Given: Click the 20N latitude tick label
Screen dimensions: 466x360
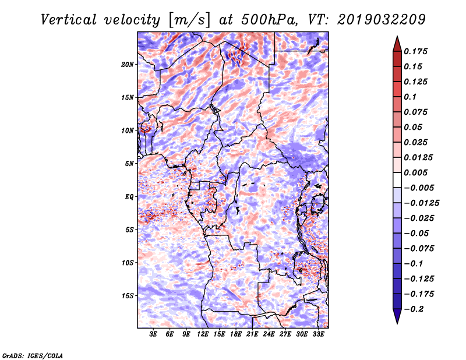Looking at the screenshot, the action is tap(127, 65).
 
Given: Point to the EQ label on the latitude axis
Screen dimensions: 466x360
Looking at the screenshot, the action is tap(129, 197).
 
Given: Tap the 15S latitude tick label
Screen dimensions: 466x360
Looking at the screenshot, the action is tap(128, 296).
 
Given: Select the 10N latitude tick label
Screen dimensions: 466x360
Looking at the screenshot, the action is tap(127, 130).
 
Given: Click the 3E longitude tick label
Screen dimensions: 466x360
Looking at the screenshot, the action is tap(153, 334).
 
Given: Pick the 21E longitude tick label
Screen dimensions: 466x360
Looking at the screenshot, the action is tap(252, 334).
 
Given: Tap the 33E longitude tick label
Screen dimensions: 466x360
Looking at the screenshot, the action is tap(318, 334).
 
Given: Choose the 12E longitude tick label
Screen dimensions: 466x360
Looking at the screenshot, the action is tap(202, 334).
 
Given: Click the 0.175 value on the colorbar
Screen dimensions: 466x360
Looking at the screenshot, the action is tap(415, 51).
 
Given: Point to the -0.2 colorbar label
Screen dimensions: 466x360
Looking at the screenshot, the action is tap(414, 309).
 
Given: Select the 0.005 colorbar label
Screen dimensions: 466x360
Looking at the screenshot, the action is tap(415, 172).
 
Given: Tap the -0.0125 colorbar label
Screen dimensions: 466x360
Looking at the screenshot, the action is tap(421, 203).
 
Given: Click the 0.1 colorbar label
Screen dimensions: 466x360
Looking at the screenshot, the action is tap(410, 97).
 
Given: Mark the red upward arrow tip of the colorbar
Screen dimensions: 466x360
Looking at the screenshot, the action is tap(397, 36).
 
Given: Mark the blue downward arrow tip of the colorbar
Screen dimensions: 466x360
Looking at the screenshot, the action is tap(397, 323).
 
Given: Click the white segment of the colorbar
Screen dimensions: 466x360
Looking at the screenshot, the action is tap(397, 180).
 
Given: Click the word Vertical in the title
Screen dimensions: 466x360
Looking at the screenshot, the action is tap(69, 20).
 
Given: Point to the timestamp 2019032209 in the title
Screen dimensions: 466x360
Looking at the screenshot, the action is tap(382, 20).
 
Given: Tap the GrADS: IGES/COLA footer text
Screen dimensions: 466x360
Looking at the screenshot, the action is tap(33, 356).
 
